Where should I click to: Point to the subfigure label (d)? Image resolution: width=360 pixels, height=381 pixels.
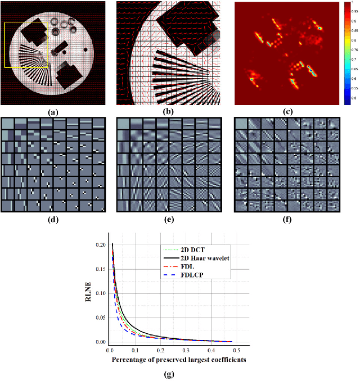[x=53, y=220]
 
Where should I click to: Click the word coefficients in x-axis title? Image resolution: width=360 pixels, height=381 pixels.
[x=226, y=359]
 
